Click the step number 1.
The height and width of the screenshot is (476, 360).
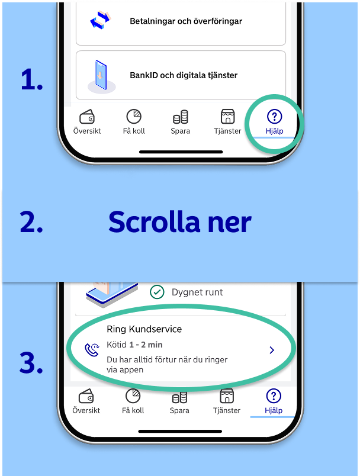[31, 79]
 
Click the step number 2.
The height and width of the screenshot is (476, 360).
[31, 222]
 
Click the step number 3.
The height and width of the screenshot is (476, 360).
[31, 362]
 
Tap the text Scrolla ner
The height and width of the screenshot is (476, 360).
[180, 222]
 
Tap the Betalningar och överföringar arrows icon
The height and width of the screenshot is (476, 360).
[101, 21]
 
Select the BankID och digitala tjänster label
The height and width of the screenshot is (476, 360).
[184, 75]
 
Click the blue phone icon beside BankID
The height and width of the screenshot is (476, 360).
[101, 76]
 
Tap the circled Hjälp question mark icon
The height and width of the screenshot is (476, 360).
[274, 116]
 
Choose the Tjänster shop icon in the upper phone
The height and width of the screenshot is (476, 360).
[227, 116]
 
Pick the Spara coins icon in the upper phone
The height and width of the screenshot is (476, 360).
[181, 117]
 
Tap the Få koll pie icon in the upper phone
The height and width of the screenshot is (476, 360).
[134, 116]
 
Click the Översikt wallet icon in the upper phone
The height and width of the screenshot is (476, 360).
[87, 117]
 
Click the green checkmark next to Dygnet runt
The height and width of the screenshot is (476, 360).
[157, 292]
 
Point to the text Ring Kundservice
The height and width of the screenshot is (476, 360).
[144, 329]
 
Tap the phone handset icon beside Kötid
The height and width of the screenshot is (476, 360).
[92, 350]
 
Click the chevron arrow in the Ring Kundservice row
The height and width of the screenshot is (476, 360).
[272, 350]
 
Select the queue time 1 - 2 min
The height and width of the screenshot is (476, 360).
[146, 345]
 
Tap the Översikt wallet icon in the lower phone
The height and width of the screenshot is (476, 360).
[86, 396]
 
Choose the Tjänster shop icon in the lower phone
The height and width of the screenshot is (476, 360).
[227, 396]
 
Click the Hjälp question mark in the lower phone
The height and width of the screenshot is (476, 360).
[274, 396]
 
